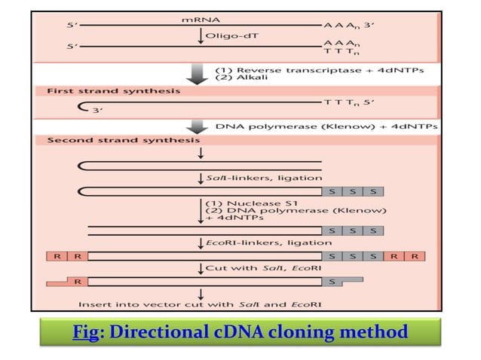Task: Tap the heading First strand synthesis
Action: pos(114,91)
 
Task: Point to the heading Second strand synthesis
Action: pos(124,140)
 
